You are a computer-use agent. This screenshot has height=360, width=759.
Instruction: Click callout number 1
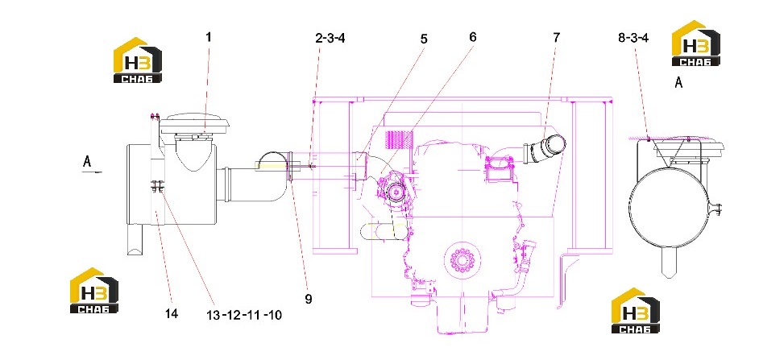209,37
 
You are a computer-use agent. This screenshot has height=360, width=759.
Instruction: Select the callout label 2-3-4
330,38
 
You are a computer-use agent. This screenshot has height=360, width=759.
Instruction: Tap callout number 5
424,39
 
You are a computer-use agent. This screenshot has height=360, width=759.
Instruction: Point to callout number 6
472,37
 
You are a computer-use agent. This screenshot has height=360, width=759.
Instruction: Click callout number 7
556,37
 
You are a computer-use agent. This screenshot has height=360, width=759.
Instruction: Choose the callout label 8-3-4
633,38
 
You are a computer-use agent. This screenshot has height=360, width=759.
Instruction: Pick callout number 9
309,299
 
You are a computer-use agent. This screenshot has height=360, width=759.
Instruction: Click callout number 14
172,313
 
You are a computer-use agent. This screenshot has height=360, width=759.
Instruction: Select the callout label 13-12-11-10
244,316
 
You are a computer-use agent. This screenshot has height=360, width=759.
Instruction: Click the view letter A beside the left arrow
87,161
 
